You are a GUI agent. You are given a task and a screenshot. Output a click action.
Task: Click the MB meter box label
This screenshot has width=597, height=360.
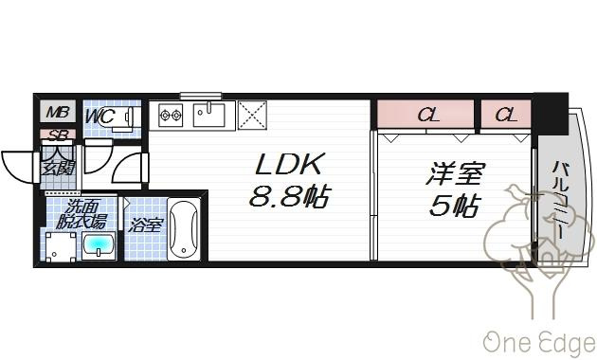(x=58, y=112)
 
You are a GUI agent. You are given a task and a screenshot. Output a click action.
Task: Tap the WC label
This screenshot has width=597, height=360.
(x=99, y=116)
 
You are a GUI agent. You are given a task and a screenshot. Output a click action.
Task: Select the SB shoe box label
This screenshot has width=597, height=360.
(x=59, y=135)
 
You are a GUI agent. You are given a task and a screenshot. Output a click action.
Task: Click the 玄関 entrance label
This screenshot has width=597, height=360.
(x=58, y=168)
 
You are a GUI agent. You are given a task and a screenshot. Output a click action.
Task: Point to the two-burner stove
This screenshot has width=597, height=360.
(x=171, y=115)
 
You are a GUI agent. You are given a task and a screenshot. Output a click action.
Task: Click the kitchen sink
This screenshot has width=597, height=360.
(x=208, y=115)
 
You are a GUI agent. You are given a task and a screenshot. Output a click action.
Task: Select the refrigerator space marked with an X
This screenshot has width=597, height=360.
(x=252, y=115)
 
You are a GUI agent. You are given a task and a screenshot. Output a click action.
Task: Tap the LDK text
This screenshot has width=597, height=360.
(x=290, y=165)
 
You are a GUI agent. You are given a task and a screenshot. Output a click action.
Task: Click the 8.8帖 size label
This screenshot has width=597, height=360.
(x=289, y=195)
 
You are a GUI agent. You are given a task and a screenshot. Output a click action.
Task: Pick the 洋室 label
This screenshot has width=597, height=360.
(x=455, y=173)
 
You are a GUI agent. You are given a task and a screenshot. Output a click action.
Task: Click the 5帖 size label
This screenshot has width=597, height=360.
(x=454, y=206)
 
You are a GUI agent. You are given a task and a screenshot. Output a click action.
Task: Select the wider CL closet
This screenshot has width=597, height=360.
(x=425, y=114)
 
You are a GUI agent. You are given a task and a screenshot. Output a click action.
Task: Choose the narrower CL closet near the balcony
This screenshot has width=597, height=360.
(x=506, y=114)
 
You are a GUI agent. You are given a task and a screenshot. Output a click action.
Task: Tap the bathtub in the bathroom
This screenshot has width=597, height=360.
(x=184, y=230)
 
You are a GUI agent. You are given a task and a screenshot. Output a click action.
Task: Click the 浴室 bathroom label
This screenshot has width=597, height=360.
(x=146, y=225)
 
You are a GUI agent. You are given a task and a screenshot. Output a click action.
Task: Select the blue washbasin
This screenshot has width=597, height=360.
(x=99, y=247)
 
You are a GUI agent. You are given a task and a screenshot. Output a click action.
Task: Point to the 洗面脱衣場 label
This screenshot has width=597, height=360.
(x=81, y=214)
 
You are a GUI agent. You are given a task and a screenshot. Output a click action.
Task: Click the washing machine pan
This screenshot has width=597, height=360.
(x=61, y=247)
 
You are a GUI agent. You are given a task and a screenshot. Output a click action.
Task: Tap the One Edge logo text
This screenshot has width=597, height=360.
(x=539, y=341)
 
